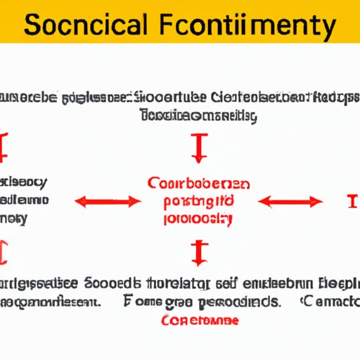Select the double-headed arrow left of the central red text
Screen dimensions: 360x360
pyautogui.click(x=108, y=202)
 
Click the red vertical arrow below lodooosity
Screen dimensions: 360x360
pyautogui.click(x=198, y=251)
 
